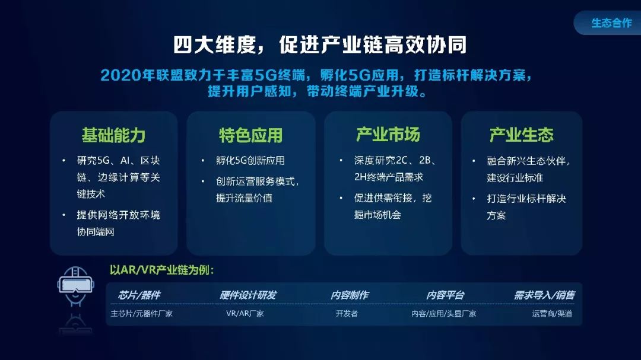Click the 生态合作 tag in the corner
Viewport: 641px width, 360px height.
tap(611, 23)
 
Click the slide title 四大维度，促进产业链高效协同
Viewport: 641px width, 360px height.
tap(320, 44)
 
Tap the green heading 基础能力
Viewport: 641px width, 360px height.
tap(113, 135)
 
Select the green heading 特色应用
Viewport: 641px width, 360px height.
tap(250, 135)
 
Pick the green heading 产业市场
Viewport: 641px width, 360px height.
tap(388, 135)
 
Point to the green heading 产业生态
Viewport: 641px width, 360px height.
tap(521, 135)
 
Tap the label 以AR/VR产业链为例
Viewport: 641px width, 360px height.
tap(161, 270)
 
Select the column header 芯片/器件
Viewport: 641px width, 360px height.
tap(139, 295)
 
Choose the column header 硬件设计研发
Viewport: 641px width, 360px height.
tap(247, 295)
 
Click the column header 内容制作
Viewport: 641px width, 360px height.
tap(350, 295)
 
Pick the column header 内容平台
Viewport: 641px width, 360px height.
tap(445, 295)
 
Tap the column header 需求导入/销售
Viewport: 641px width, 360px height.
tap(544, 295)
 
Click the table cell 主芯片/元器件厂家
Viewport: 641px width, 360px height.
tap(141, 313)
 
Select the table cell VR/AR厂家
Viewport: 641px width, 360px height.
tap(245, 313)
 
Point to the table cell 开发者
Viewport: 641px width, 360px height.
tap(347, 313)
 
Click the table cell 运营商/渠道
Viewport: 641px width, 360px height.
tap(552, 313)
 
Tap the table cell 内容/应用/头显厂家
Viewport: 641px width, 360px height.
tap(443, 313)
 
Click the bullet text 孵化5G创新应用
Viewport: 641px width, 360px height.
tap(250, 161)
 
